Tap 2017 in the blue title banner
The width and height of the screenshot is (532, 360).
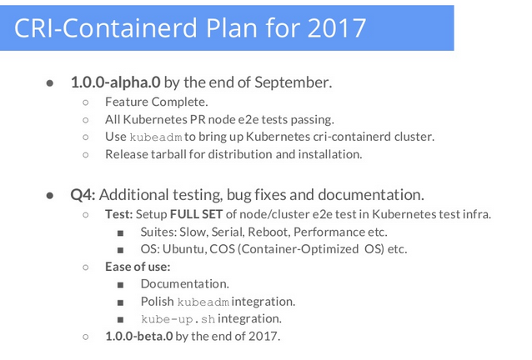(x=332, y=27)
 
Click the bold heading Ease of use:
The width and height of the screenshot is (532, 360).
(x=137, y=267)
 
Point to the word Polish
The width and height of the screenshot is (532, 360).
(x=157, y=302)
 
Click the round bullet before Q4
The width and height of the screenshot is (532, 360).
(x=51, y=196)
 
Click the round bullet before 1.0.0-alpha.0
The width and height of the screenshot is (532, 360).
(x=51, y=83)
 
